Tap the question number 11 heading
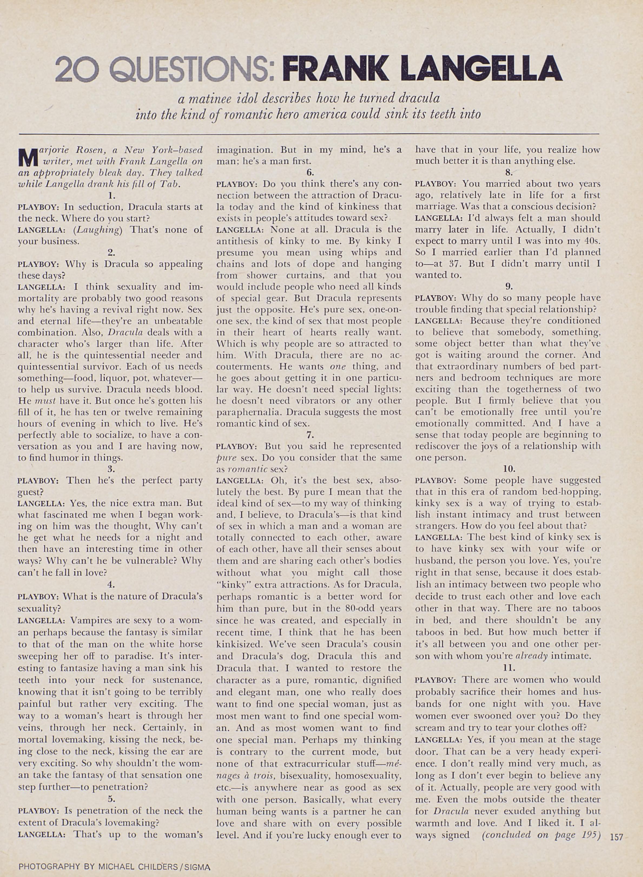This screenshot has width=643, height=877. pos(508,667)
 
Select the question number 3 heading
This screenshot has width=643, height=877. pos(111,469)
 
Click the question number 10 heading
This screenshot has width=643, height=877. pos(508,469)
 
